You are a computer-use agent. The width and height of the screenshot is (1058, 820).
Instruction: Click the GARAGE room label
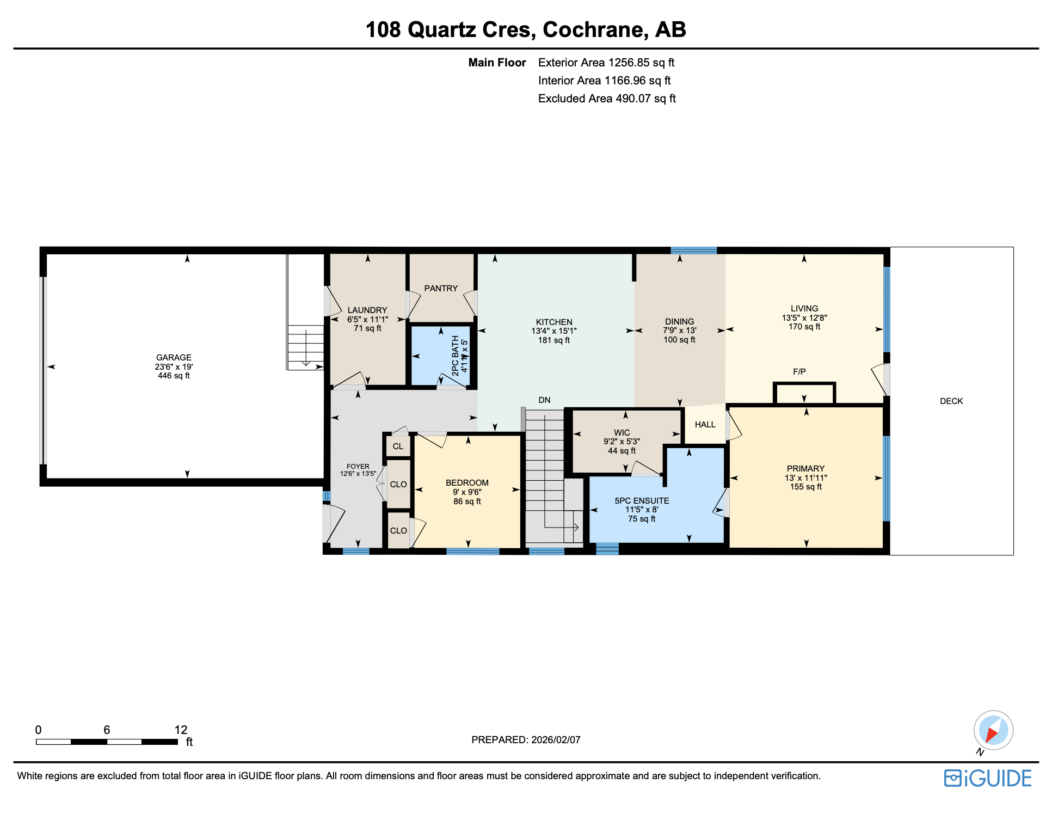(174, 358)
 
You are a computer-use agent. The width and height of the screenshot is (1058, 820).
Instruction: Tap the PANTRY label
(441, 289)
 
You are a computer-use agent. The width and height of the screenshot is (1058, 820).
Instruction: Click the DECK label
(951, 401)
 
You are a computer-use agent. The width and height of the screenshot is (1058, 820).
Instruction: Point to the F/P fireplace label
(799, 372)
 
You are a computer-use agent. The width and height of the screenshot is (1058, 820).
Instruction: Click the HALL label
(705, 425)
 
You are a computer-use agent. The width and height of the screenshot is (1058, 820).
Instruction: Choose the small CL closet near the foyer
(398, 446)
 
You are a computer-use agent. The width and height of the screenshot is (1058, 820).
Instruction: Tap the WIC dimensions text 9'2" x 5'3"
(622, 442)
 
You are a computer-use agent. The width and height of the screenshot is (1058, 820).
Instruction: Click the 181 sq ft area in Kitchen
(553, 340)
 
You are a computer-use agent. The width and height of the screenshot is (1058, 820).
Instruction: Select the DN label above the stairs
(544, 400)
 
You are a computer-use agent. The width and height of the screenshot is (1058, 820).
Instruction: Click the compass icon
(993, 730)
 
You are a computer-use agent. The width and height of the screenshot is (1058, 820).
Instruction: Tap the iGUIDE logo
(988, 778)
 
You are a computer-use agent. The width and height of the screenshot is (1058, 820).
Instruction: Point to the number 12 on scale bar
(181, 730)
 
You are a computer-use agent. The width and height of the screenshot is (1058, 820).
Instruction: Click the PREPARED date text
(526, 740)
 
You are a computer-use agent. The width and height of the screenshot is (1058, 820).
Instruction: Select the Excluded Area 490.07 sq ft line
(606, 99)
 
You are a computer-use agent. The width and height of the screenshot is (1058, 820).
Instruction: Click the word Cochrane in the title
(595, 29)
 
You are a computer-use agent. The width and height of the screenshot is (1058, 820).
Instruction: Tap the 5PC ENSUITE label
(642, 501)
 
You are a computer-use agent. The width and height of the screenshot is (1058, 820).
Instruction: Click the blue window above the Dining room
(693, 250)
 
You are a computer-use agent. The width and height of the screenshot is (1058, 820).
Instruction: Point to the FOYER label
(358, 467)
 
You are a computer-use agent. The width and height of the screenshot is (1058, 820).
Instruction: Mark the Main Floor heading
(497, 63)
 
